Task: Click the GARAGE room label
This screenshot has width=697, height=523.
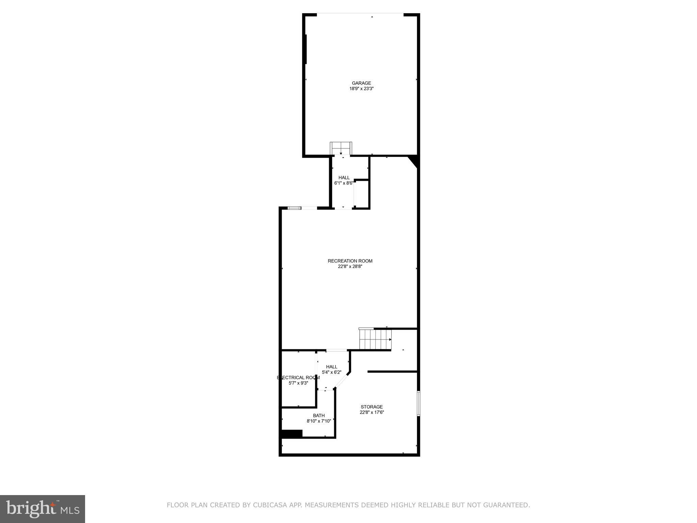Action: [x=361, y=83]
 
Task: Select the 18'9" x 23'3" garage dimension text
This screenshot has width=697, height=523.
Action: [x=361, y=89]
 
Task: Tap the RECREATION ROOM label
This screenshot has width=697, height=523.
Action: [x=350, y=261]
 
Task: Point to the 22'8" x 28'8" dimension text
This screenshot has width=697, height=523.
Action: [x=350, y=267]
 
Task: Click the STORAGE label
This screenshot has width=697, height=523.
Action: [x=372, y=407]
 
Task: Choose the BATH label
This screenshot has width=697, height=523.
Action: [x=319, y=415]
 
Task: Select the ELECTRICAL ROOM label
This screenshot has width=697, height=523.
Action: [x=298, y=378]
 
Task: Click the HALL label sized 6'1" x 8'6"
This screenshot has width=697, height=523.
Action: [x=344, y=177]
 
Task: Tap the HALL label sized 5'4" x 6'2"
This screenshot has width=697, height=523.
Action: [x=331, y=367]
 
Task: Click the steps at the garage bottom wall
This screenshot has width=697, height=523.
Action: [x=341, y=148]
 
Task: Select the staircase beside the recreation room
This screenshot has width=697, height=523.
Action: [x=375, y=339]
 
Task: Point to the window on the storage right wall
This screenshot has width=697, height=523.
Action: [x=418, y=403]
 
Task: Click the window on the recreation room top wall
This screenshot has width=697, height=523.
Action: [x=294, y=208]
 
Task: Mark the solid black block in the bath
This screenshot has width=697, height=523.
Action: [x=292, y=434]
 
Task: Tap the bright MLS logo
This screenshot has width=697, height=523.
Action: [x=42, y=509]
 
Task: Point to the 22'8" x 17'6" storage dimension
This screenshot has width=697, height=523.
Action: [x=372, y=412]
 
